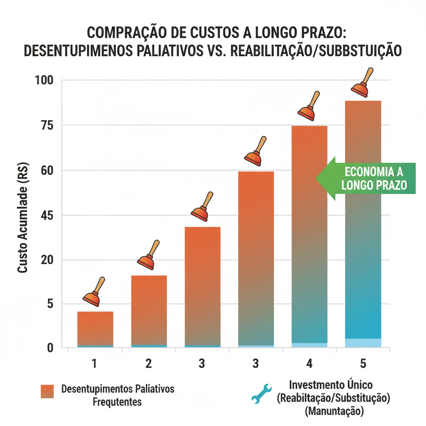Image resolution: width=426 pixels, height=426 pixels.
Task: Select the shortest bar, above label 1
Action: click(x=95, y=329)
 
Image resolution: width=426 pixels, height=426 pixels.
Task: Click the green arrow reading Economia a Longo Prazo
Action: click(x=366, y=178)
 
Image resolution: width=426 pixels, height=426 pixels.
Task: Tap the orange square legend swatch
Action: click(x=47, y=391)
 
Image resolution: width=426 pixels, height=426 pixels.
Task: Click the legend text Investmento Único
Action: click(x=331, y=385)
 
